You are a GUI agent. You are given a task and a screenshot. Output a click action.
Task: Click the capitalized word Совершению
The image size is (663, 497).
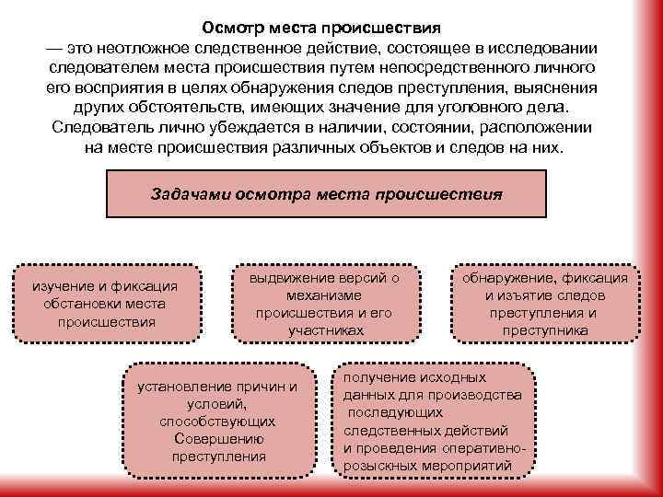[217, 438]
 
